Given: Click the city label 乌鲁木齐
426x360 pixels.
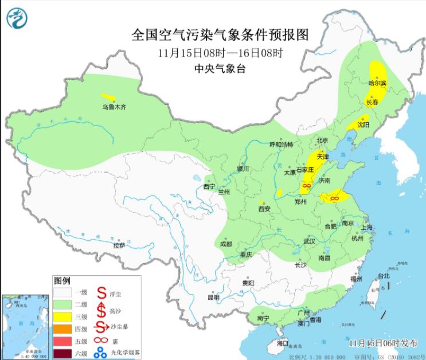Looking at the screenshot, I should [x=114, y=107].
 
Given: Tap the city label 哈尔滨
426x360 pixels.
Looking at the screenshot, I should [x=377, y=83].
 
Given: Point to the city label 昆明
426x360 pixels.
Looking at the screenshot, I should [x=213, y=298].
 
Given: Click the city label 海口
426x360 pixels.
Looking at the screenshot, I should [x=283, y=343].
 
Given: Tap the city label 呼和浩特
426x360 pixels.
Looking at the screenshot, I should [x=281, y=144].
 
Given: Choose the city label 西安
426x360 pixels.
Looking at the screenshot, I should [x=264, y=209].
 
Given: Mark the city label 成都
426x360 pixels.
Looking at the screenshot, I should [x=226, y=244].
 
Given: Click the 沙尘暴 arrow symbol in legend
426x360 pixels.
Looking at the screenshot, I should [x=102, y=328].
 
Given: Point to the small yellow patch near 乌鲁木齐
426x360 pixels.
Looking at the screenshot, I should [x=107, y=97].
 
